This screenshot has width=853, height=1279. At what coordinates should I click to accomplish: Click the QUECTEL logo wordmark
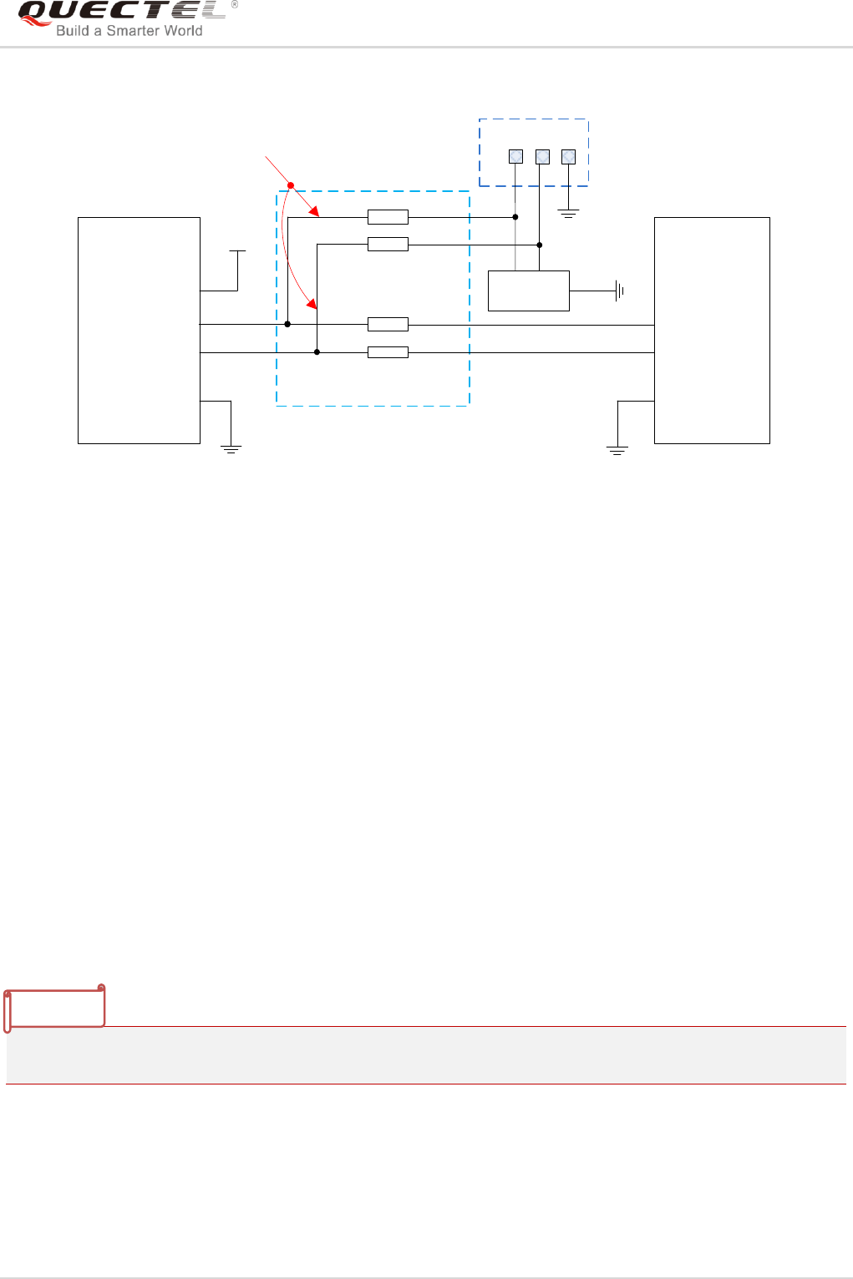pyautogui.click(x=121, y=12)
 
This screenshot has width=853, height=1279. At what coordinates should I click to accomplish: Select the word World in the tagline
pyautogui.click(x=184, y=31)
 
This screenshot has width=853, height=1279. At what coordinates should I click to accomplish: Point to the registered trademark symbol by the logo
pyautogui.click(x=235, y=5)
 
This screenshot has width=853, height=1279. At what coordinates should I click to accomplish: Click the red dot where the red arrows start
pyautogui.click(x=291, y=185)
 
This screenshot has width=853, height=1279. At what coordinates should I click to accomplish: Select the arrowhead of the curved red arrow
pyautogui.click(x=312, y=303)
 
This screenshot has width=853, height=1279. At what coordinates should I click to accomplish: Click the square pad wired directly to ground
pyautogui.click(x=568, y=156)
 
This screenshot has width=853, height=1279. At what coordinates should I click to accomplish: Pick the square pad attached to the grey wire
pyautogui.click(x=515, y=156)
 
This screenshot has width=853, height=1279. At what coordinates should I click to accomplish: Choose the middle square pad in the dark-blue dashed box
pyautogui.click(x=542, y=156)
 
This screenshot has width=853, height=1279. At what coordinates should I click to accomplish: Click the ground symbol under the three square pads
pyautogui.click(x=568, y=214)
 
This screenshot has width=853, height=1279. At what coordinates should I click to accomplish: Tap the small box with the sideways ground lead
pyautogui.click(x=528, y=291)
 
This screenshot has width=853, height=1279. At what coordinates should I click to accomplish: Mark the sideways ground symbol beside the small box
pyautogui.click(x=619, y=291)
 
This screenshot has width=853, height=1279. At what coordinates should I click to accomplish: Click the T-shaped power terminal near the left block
pyautogui.click(x=237, y=251)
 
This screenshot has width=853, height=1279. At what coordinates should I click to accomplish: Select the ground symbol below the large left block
pyautogui.click(x=231, y=450)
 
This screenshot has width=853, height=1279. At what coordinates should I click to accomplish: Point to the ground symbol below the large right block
pyautogui.click(x=617, y=451)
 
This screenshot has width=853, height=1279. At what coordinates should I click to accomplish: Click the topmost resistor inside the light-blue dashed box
pyautogui.click(x=388, y=217)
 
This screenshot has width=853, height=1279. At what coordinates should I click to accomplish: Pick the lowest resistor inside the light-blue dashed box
pyautogui.click(x=388, y=352)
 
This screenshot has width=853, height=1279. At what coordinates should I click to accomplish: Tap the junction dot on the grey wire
pyautogui.click(x=515, y=217)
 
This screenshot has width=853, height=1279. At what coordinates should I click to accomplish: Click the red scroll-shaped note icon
pyautogui.click(x=55, y=1009)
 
